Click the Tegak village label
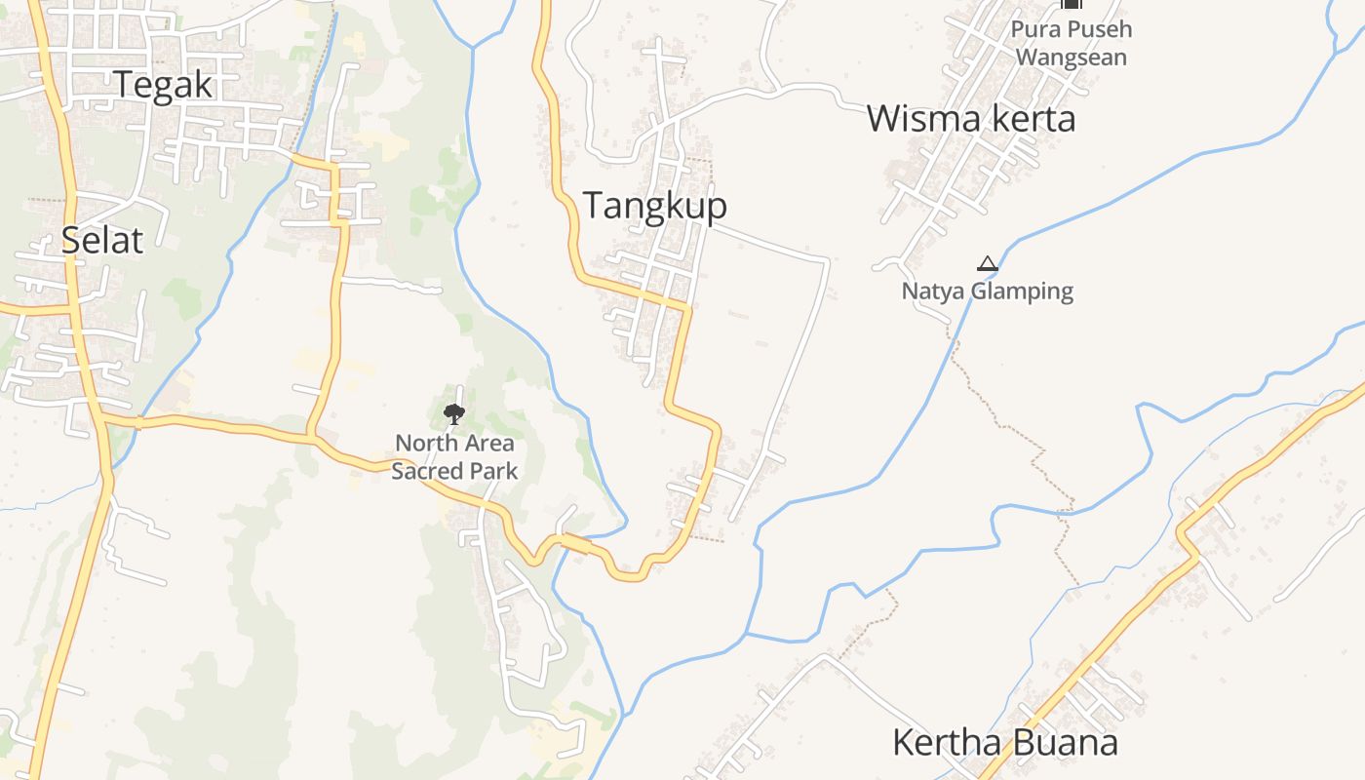163,85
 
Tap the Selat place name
101,240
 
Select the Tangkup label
654,206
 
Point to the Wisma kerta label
970,119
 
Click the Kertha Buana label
1004,743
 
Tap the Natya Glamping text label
987,291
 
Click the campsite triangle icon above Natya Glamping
988,263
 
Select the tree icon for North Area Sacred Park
453,414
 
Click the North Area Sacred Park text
454,457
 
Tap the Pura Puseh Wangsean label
1072,43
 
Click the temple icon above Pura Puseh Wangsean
1072,5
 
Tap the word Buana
1066,743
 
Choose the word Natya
930,291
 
